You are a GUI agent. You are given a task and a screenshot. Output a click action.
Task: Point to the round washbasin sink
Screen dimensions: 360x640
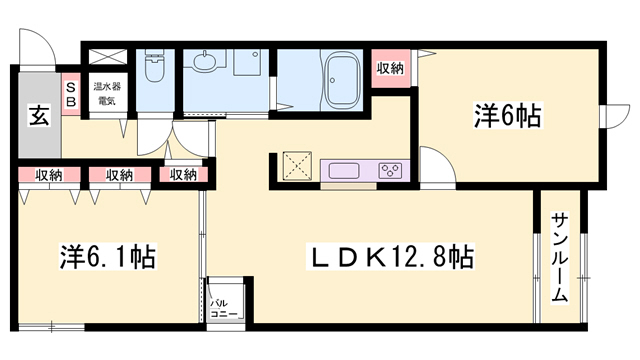tap(206, 63)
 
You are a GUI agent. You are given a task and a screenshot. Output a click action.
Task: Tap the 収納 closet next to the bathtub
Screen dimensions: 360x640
tap(391, 68)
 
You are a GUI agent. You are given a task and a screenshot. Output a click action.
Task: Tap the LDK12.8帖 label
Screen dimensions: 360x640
tap(390, 257)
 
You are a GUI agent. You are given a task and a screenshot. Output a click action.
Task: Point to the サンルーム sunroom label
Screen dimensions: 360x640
tap(559, 257)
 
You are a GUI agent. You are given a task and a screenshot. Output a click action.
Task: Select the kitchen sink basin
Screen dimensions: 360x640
tap(343, 169)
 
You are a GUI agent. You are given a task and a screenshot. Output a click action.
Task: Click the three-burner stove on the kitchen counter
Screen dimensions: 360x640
tap(390, 169)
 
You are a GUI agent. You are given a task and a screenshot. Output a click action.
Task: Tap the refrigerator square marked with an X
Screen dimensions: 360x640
tap(297, 165)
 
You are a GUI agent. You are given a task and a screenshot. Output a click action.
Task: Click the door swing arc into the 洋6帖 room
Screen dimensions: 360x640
tap(435, 161)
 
